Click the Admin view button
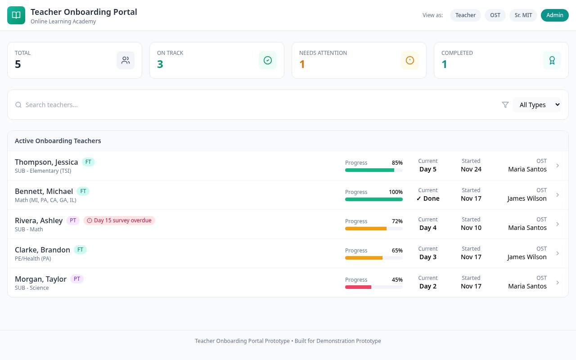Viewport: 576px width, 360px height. (x=554, y=15)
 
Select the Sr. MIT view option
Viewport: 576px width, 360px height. (x=523, y=15)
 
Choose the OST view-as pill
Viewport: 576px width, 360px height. (x=495, y=15)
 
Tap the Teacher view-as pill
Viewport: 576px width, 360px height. (x=465, y=15)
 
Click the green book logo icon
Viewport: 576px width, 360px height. (x=16, y=15)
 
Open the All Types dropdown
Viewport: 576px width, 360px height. (x=537, y=105)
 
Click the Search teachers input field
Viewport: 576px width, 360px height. (x=180, y=105)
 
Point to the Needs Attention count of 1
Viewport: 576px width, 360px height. (x=302, y=64)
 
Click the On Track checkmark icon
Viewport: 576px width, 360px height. (x=268, y=60)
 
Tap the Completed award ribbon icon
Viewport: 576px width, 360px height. (x=552, y=60)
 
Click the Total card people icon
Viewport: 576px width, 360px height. (x=126, y=60)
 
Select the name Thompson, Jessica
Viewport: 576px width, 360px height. (x=46, y=162)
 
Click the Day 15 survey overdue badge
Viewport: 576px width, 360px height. (x=119, y=220)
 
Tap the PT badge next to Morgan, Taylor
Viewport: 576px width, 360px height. (x=77, y=279)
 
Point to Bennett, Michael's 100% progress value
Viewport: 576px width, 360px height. (x=396, y=192)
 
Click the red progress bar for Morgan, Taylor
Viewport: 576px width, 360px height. (x=358, y=287)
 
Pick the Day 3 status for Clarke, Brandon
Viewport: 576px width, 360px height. (x=428, y=257)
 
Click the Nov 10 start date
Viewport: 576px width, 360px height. (x=471, y=228)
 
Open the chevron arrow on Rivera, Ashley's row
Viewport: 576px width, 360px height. (x=558, y=224)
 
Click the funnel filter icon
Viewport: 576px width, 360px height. (x=505, y=105)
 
